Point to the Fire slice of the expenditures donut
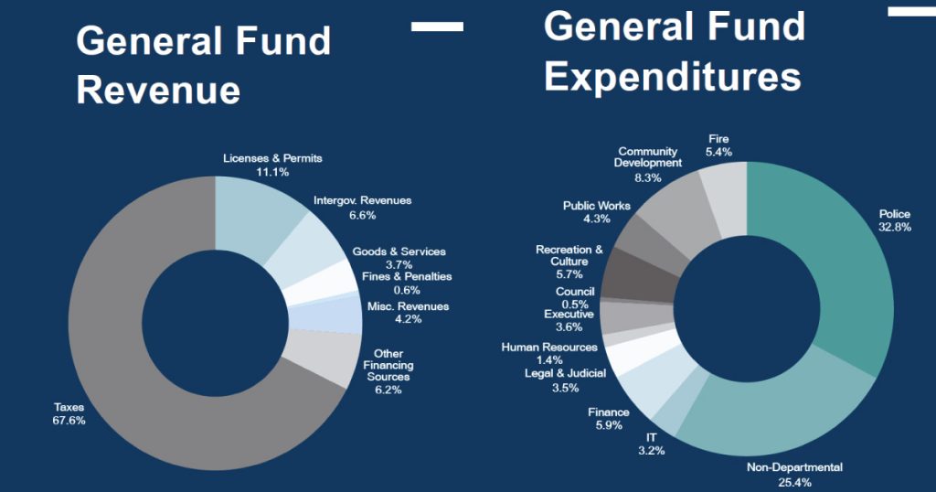[727, 197]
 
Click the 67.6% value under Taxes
[69, 421]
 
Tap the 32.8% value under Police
[895, 227]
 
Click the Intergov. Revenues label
[362, 200]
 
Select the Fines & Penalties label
[407, 276]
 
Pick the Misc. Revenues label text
[408, 306]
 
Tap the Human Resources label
[548, 348]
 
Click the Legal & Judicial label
[565, 373]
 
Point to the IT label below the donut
[651, 437]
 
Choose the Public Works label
[596, 206]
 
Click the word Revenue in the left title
[158, 91]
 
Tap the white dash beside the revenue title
[437, 27]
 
